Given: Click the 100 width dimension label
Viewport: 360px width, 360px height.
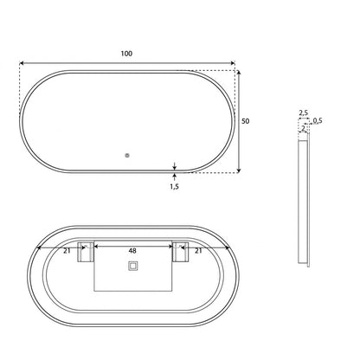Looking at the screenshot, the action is [x=126, y=54].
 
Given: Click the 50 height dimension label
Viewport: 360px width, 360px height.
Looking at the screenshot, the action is [x=245, y=121].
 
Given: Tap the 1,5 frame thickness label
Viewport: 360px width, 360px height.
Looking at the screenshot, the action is [x=174, y=187].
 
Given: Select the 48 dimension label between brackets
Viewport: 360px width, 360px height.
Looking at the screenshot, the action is [x=132, y=251].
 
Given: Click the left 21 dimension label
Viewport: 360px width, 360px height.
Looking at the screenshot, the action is [x=67, y=251].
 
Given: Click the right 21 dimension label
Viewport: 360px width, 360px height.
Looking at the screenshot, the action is [x=198, y=251].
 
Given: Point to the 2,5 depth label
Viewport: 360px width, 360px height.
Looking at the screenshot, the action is [x=303, y=112].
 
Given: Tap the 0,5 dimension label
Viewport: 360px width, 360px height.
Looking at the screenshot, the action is [x=318, y=120].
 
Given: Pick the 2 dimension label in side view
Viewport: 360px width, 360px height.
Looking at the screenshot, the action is [x=303, y=128].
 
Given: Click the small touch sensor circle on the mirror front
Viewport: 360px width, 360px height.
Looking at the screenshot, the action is [x=127, y=156].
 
